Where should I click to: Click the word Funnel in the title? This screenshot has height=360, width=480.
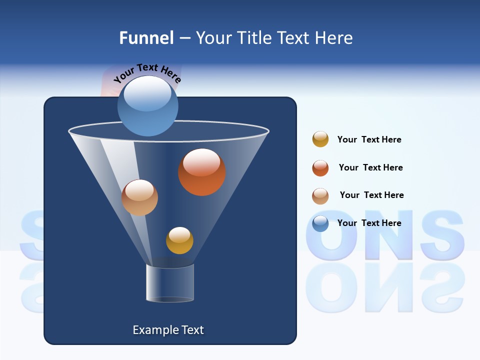(146, 38)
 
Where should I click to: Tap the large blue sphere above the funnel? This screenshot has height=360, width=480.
(148, 106)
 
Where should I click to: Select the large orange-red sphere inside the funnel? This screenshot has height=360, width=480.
(201, 172)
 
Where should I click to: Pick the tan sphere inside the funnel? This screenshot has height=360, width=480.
(139, 197)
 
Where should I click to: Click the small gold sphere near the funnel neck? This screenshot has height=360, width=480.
(179, 240)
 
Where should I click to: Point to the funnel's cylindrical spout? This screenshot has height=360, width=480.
(169, 283)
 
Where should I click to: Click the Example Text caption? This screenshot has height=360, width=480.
(168, 330)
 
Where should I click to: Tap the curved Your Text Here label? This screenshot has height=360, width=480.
(147, 73)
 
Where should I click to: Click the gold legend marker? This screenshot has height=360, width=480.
(320, 139)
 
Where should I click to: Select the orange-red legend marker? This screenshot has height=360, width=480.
(320, 168)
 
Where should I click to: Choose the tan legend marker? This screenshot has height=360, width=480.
(320, 196)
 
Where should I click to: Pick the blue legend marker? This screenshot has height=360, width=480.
(320, 223)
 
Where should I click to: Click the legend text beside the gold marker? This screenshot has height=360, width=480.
(369, 139)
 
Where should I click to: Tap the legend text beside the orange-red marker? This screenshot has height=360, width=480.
(370, 167)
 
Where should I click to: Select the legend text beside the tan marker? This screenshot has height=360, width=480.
(371, 195)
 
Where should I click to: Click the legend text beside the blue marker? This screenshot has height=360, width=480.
(369, 223)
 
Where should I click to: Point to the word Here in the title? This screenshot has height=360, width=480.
(334, 38)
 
